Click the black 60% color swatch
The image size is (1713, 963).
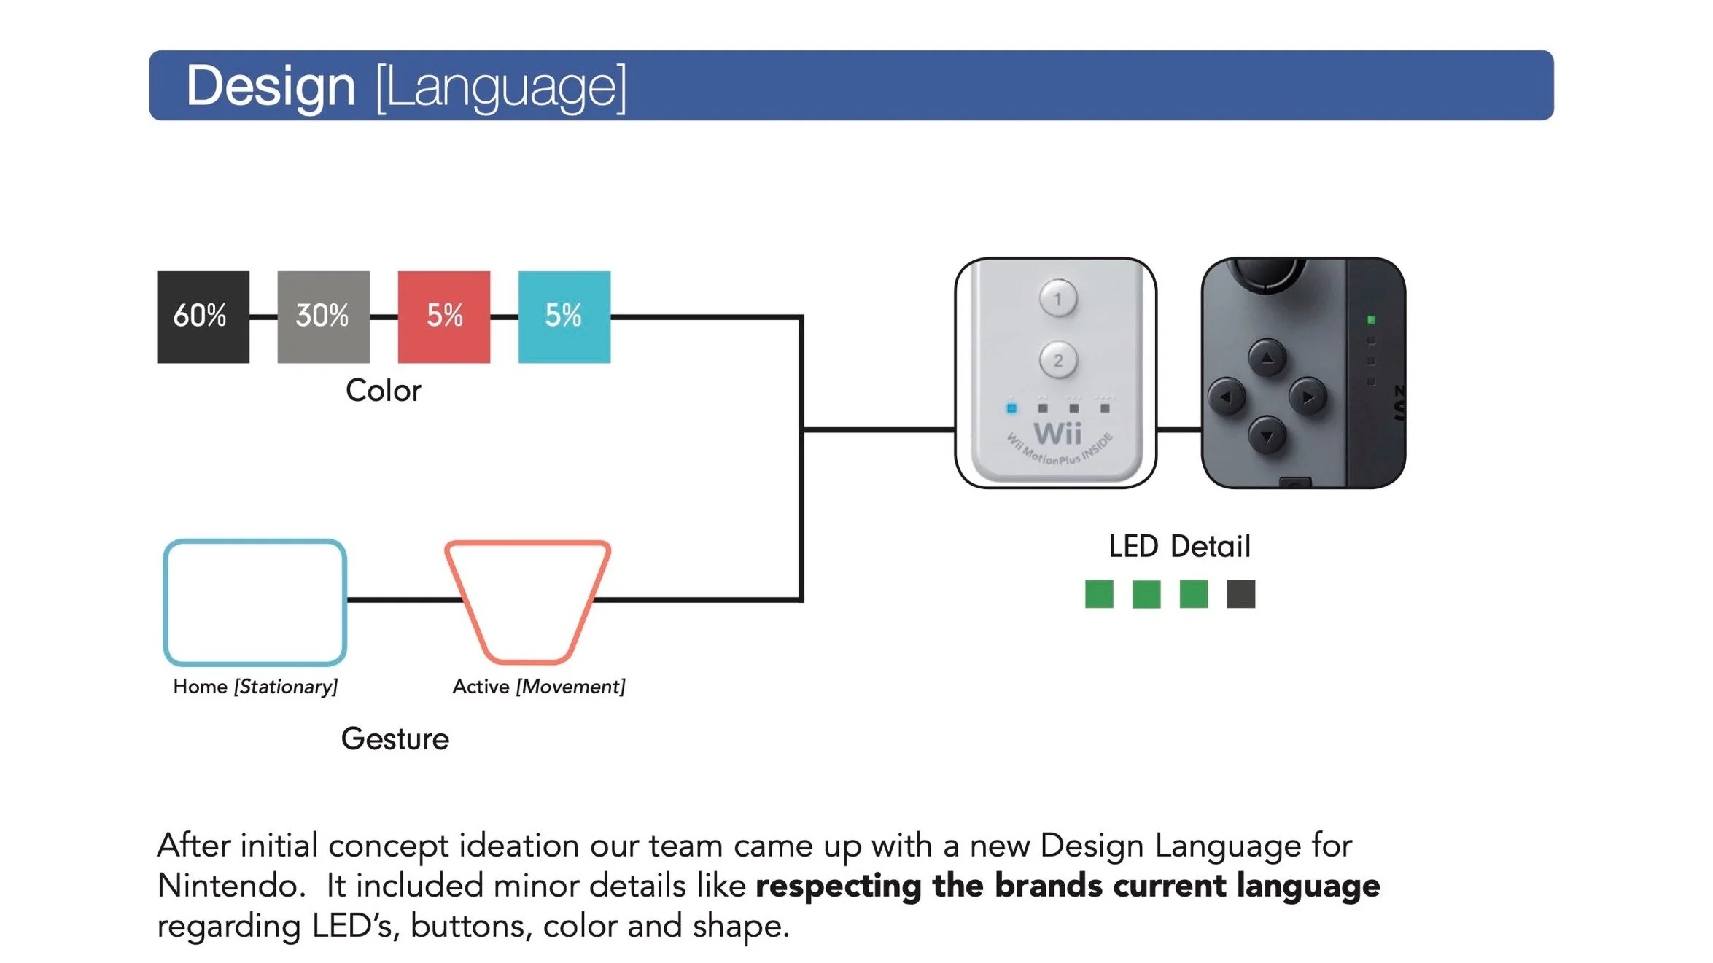pyautogui.click(x=203, y=317)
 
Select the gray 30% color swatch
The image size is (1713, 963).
pyautogui.click(x=323, y=317)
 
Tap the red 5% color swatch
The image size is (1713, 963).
pyautogui.click(x=443, y=317)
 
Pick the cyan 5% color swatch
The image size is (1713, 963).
pyautogui.click(x=564, y=317)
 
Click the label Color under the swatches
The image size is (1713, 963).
pyautogui.click(x=383, y=391)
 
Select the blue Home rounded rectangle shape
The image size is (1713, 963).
pyautogui.click(x=255, y=602)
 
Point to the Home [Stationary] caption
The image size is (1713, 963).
pyautogui.click(x=255, y=687)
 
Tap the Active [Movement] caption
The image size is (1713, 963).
pyautogui.click(x=538, y=687)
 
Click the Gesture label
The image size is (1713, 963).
pyautogui.click(x=395, y=739)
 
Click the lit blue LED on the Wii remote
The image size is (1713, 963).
pyautogui.click(x=1011, y=408)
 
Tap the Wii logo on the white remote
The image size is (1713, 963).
pyautogui.click(x=1057, y=434)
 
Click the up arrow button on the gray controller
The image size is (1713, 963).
pyautogui.click(x=1267, y=358)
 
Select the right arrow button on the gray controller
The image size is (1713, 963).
pyautogui.click(x=1308, y=397)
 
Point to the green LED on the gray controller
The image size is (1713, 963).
pyautogui.click(x=1371, y=320)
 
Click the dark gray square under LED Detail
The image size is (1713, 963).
pyautogui.click(x=1240, y=594)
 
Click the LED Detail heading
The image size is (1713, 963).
pyautogui.click(x=1179, y=546)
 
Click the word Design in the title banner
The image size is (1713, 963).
pyautogui.click(x=271, y=86)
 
